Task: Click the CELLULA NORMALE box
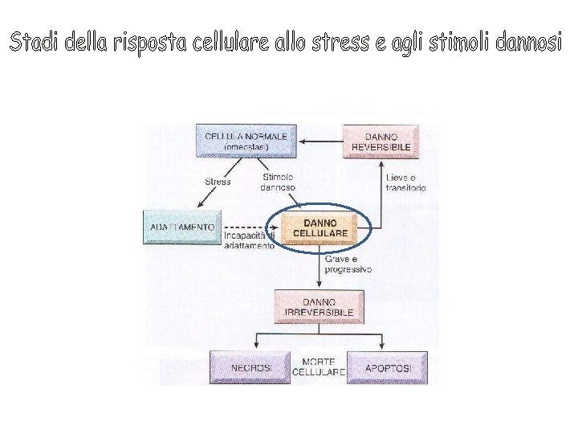click(x=246, y=141)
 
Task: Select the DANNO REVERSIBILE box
click(x=381, y=142)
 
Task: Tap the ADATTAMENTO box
click(x=182, y=227)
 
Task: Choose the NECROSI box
click(x=251, y=367)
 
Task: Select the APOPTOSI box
click(x=388, y=367)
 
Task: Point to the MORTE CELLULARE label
click(x=319, y=367)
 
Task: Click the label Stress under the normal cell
click(x=218, y=182)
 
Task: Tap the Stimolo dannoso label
click(x=278, y=182)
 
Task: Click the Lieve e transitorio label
click(x=405, y=182)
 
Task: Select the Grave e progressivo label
click(x=348, y=264)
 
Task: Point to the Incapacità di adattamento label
click(x=250, y=241)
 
